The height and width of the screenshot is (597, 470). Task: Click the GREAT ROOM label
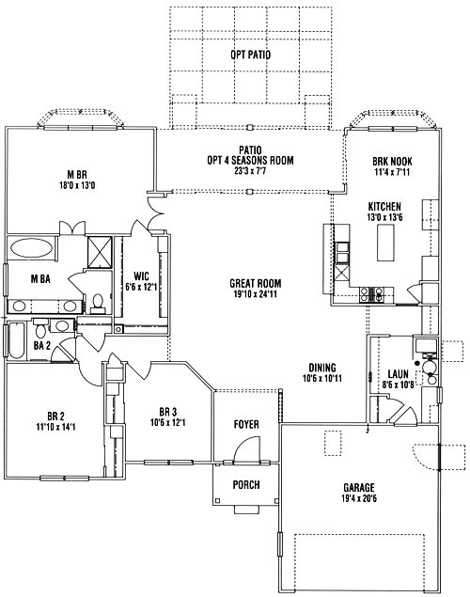[x=256, y=283]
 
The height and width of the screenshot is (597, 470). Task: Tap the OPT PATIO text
[x=250, y=55]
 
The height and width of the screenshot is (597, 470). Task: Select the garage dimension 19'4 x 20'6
[x=359, y=498]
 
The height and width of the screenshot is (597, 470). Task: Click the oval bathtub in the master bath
[x=32, y=248]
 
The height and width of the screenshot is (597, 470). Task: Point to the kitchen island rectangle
[x=385, y=243]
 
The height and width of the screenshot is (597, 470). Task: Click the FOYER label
[x=246, y=424]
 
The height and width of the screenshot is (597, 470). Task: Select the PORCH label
[x=246, y=485]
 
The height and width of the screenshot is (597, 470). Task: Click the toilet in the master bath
[x=98, y=304]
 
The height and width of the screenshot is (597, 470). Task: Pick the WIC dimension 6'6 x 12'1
[x=141, y=287]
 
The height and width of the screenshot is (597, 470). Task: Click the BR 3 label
[x=168, y=412]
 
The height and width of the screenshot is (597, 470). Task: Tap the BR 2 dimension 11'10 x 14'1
[x=55, y=427]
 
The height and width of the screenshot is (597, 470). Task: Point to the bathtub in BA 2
[x=16, y=340]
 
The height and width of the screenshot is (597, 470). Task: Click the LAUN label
[x=398, y=374]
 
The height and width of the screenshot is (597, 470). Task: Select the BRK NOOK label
[x=392, y=162]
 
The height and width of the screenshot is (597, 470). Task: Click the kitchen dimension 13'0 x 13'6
[x=384, y=217]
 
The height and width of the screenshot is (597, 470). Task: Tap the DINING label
[x=322, y=368]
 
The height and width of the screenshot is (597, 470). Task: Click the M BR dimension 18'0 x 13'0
[x=77, y=185]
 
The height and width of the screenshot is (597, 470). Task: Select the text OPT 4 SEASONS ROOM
[x=250, y=160]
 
